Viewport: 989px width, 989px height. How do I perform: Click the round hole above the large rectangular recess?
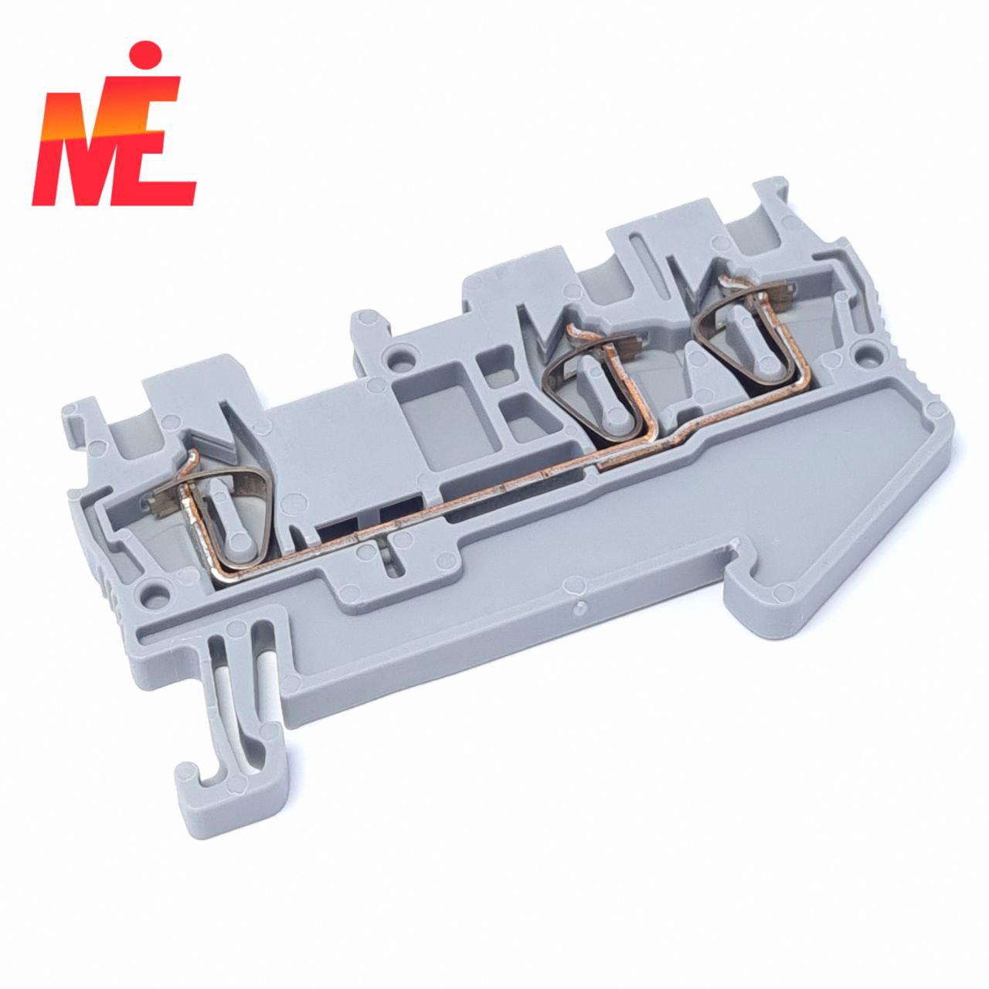pyautogui.click(x=395, y=354)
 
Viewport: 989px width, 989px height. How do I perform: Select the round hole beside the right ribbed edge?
pyautogui.click(x=868, y=354)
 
